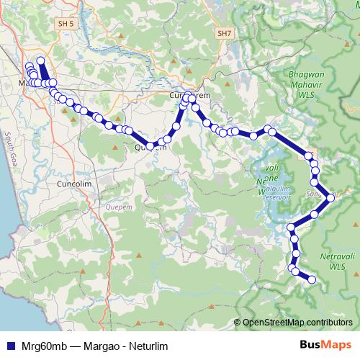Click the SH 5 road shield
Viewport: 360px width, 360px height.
pos(66,24)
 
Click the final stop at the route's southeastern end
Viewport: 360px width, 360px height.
pos(312,279)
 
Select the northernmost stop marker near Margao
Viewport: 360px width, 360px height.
pos(40,61)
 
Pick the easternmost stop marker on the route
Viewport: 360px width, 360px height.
pos(330,197)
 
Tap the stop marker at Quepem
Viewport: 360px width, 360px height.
pos(150,146)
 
